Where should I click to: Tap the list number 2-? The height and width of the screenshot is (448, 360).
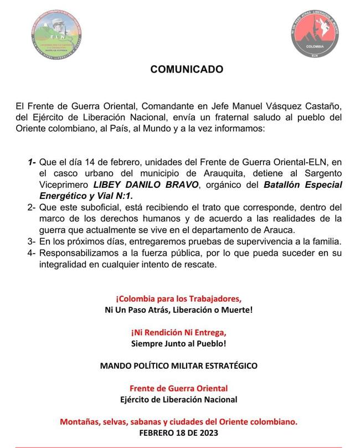click(32, 207)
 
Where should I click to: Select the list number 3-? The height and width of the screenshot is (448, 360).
click(32, 241)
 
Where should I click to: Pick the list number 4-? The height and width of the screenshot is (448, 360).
click(32, 253)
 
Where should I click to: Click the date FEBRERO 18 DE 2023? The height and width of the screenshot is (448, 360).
click(178, 432)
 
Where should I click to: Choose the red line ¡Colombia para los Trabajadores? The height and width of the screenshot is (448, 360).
click(178, 298)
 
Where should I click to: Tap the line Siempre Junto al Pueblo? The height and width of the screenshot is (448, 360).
click(178, 343)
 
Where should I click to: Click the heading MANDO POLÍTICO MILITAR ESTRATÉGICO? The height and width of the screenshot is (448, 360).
click(178, 365)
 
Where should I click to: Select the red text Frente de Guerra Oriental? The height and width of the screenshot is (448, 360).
click(178, 388)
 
